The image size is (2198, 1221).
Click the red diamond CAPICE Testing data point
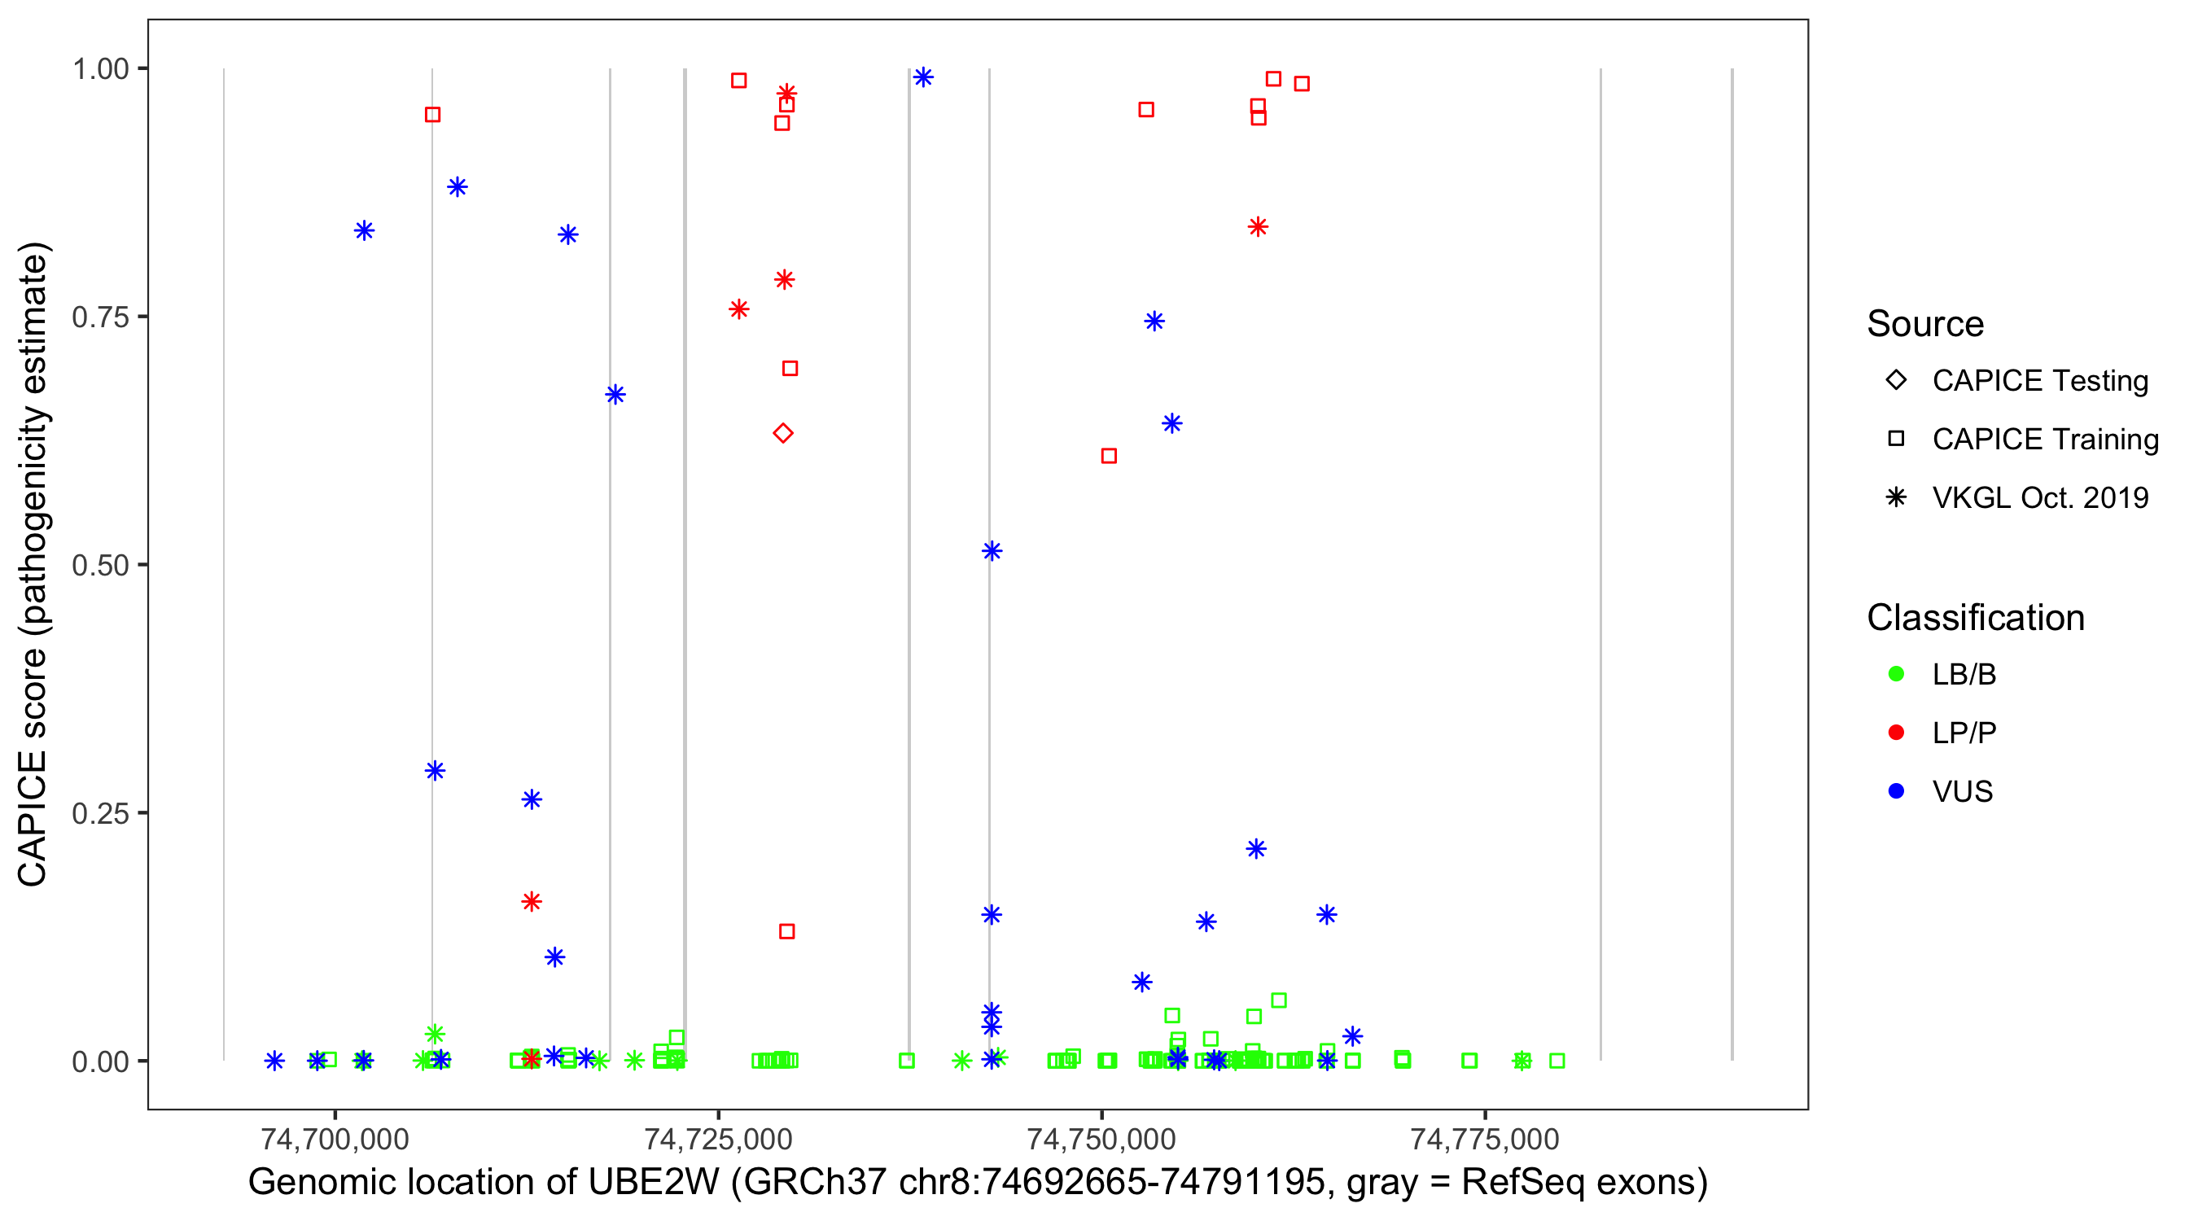(x=782, y=433)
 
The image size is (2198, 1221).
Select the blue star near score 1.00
(x=922, y=77)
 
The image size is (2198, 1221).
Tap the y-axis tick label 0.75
(x=99, y=317)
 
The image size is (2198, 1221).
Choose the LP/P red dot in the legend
(x=1896, y=733)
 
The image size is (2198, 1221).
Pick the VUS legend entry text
(x=1962, y=792)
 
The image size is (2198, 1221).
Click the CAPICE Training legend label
(x=2044, y=440)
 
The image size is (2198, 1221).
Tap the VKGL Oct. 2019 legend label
(x=2039, y=498)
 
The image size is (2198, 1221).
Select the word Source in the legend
(x=1925, y=324)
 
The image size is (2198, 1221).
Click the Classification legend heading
(x=1975, y=618)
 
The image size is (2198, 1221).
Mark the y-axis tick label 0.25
(x=99, y=813)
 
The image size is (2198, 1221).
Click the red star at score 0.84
(x=1257, y=227)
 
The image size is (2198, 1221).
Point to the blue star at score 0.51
(x=991, y=551)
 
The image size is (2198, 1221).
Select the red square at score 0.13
(x=786, y=932)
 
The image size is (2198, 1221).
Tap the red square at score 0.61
(x=1109, y=457)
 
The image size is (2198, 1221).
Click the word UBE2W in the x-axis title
(x=653, y=1183)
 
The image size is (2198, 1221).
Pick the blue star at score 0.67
(x=615, y=395)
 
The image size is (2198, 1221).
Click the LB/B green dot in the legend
(x=1896, y=674)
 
